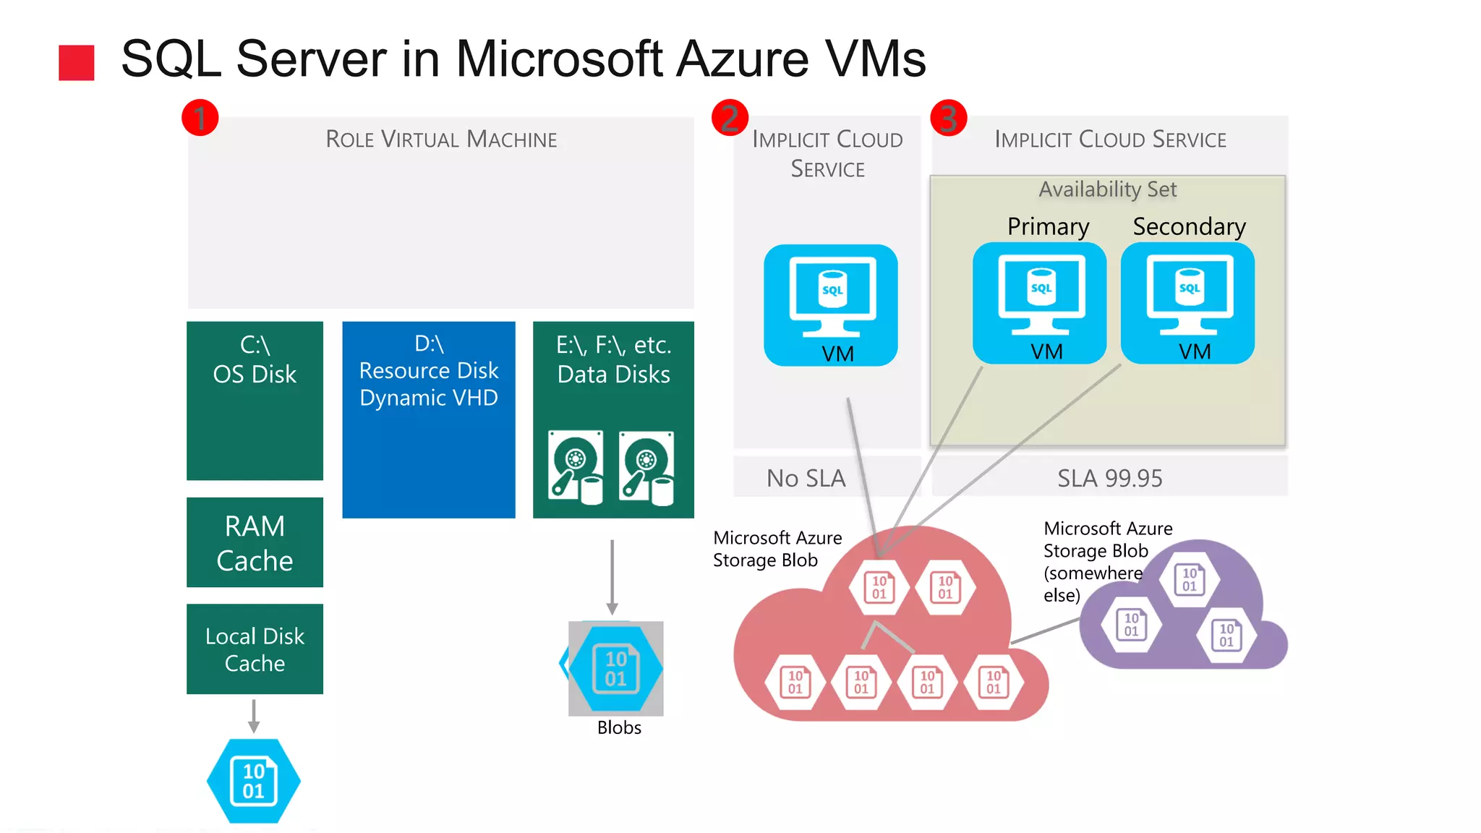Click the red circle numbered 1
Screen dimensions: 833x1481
click(200, 118)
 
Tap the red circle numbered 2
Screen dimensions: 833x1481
click(730, 118)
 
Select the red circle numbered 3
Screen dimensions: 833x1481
click(948, 118)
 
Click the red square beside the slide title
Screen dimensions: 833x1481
click(77, 63)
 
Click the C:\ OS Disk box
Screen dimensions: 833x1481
click(255, 401)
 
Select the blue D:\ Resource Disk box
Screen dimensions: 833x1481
click(429, 419)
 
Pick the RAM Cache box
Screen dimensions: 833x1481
click(255, 542)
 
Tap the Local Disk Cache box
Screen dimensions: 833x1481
click(255, 649)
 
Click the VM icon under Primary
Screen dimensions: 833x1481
click(1039, 303)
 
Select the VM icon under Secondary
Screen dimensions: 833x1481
click(1187, 303)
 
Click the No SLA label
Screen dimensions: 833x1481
click(806, 478)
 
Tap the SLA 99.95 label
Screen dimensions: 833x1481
click(1109, 478)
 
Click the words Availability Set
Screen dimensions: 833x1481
click(1107, 189)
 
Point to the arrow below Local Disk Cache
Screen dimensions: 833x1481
click(254, 716)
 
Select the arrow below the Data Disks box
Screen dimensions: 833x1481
click(612, 577)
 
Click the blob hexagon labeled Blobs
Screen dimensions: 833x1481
click(615, 668)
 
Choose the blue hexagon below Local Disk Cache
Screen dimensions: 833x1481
click(253, 781)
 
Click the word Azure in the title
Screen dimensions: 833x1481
click(742, 59)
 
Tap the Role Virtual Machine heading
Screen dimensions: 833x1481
click(441, 139)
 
